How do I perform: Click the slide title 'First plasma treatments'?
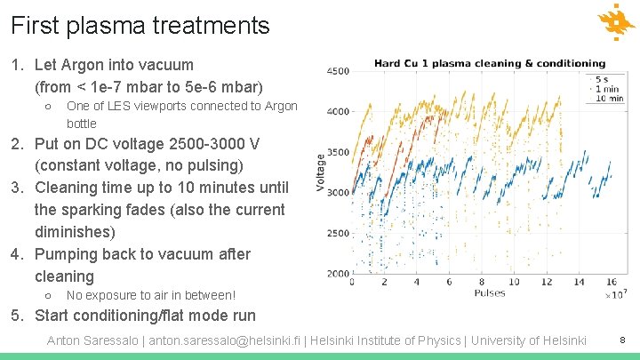140,26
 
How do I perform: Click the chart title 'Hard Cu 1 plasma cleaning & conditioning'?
489,64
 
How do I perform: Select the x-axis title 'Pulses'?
489,292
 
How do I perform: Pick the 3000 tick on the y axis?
338,193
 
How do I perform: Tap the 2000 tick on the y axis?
338,274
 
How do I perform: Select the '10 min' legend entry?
608,99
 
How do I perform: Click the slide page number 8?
622,340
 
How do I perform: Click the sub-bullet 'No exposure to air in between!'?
151,295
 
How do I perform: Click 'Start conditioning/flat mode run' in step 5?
145,316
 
